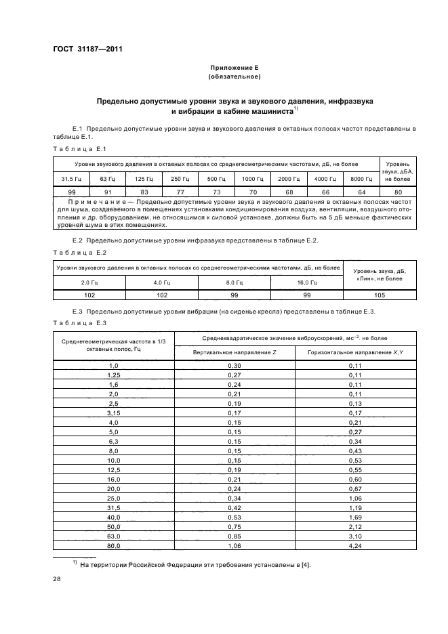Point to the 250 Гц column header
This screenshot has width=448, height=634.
click(x=180, y=179)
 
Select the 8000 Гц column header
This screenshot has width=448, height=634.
click(x=360, y=179)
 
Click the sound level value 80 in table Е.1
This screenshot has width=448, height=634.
click(x=397, y=192)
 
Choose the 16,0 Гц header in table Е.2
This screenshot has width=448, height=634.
click(x=307, y=282)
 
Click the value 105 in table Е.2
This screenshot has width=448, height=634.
click(x=380, y=295)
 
